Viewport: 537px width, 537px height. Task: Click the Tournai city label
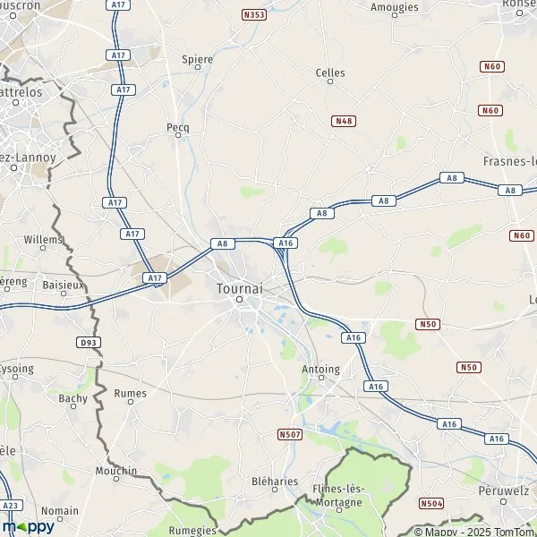point(240,289)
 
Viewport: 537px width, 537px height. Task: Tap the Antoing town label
point(321,369)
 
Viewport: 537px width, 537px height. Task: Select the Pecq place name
point(178,128)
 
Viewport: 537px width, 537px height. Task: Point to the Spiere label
point(198,60)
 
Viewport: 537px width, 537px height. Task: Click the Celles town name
point(330,72)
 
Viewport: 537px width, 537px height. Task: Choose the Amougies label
point(395,7)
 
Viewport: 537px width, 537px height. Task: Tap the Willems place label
point(44,240)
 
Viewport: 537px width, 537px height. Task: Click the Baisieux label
point(62,286)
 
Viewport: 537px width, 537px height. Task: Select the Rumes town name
point(131,393)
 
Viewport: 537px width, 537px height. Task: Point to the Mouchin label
point(117,471)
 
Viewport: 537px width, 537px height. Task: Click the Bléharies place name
point(250,481)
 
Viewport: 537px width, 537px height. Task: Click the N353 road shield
point(254,15)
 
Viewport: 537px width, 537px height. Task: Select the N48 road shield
point(342,121)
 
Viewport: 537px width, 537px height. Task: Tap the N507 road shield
point(288,435)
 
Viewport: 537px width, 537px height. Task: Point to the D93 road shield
point(87,342)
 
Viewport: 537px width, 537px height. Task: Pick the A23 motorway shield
point(11,506)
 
